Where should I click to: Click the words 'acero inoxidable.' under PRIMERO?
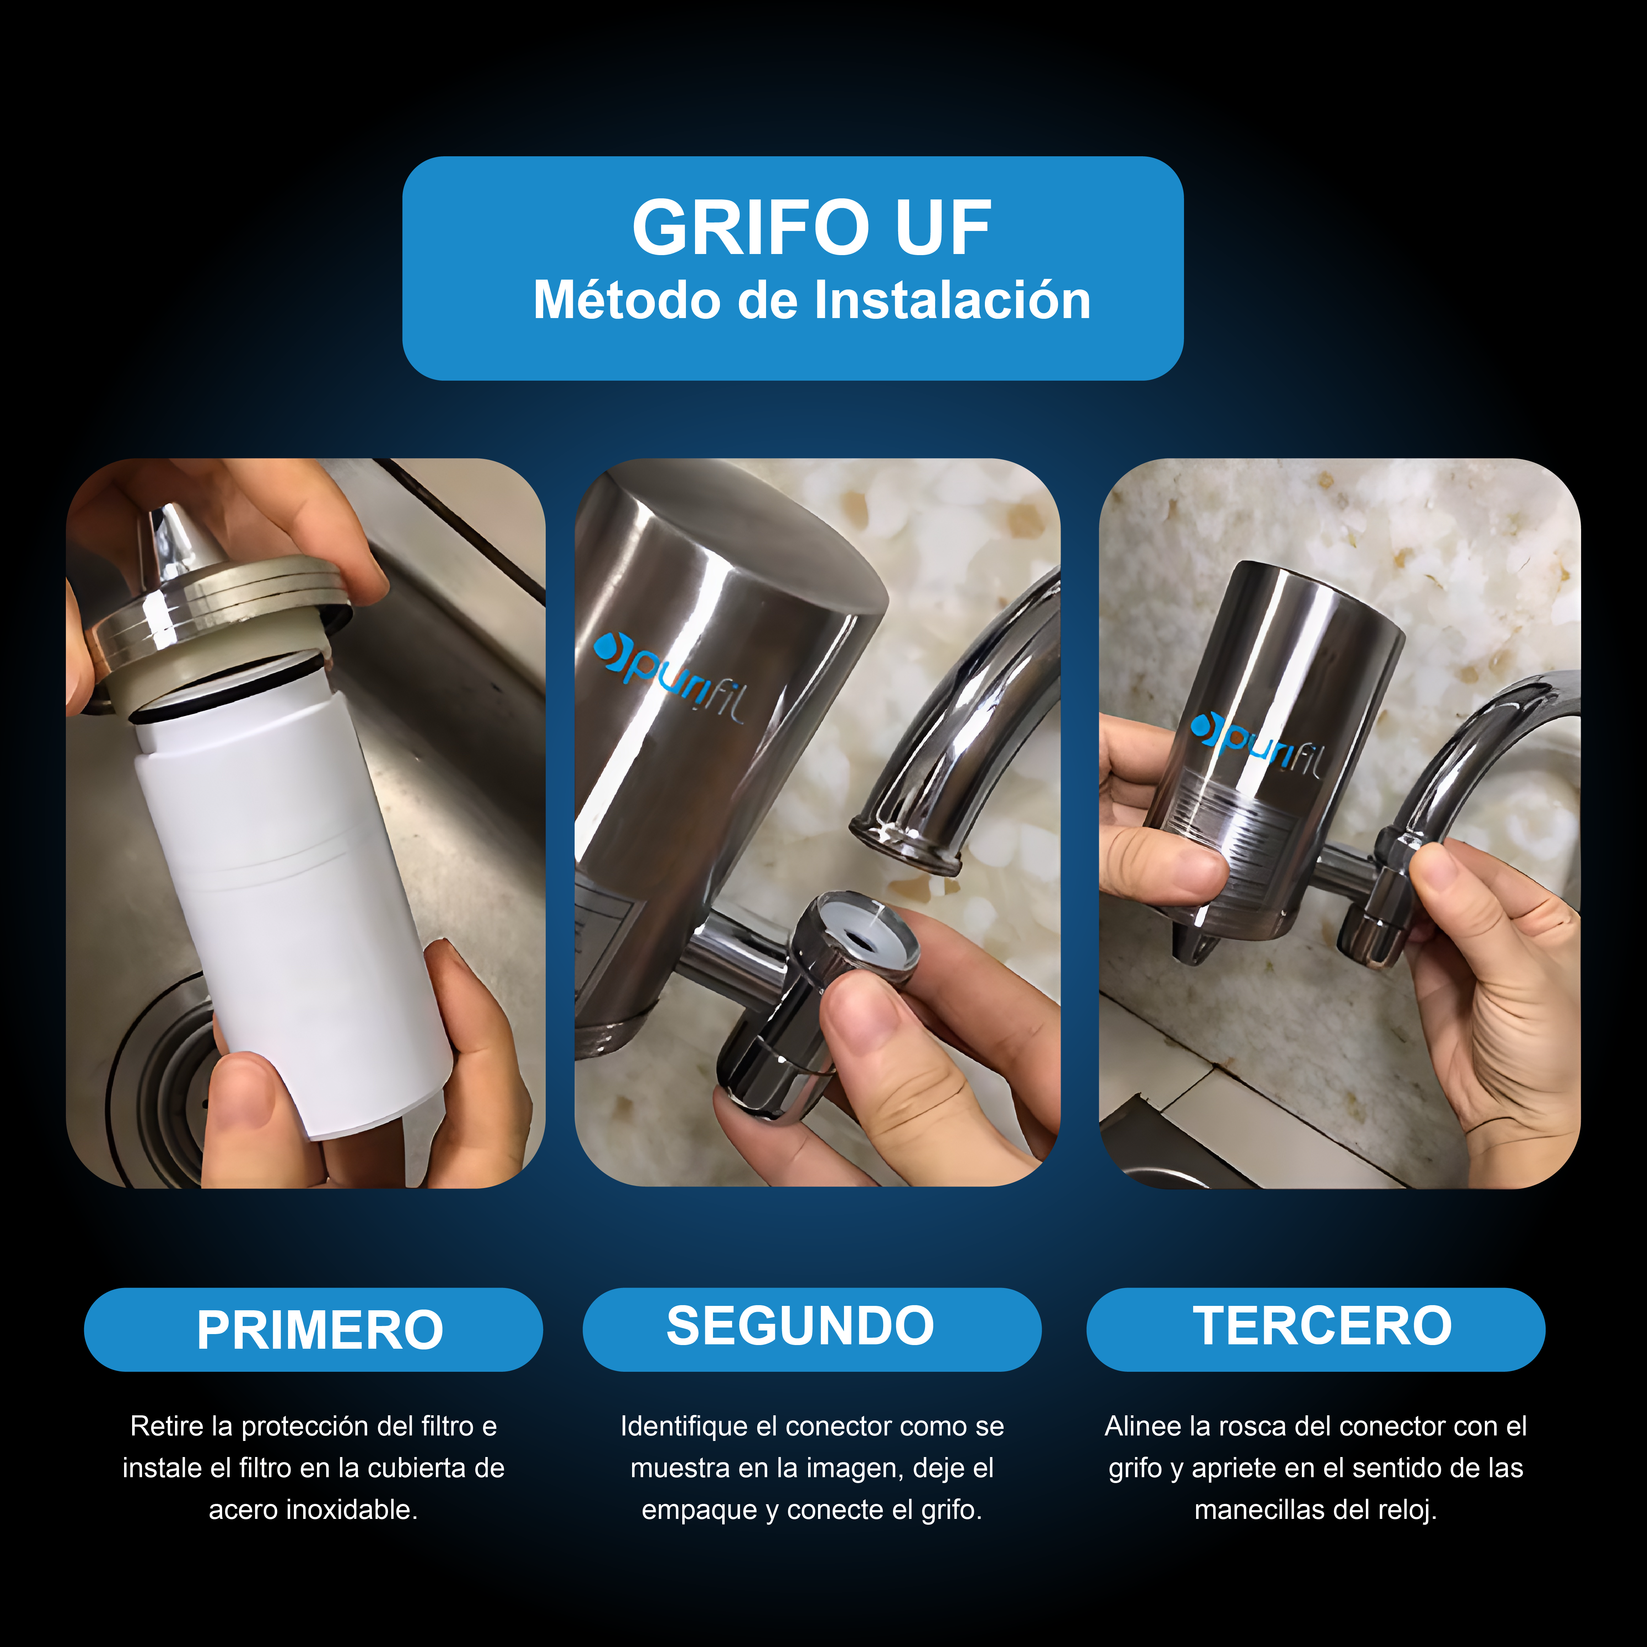313,1510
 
